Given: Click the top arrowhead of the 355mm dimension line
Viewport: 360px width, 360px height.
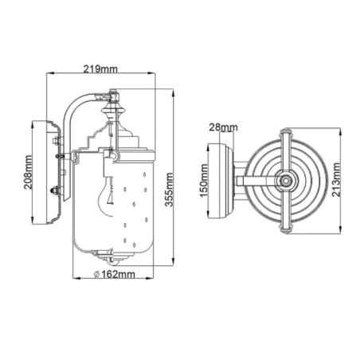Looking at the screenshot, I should (x=174, y=92).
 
